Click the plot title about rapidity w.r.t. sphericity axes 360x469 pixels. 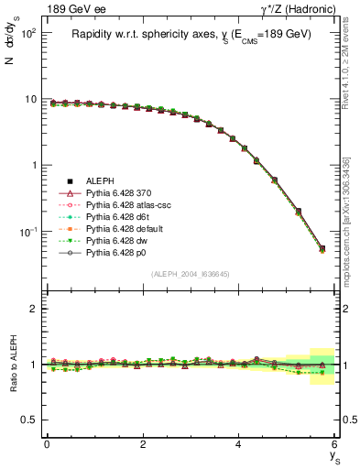[x=191, y=34]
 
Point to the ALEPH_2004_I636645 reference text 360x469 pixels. [x=191, y=275]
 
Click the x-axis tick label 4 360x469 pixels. [x=239, y=444]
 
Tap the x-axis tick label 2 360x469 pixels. [x=143, y=444]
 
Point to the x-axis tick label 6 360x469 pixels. [x=335, y=444]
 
